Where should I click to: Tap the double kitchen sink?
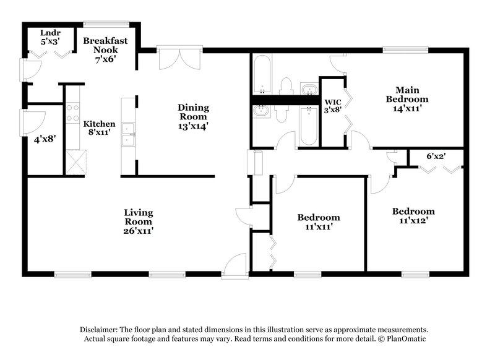click(129, 134)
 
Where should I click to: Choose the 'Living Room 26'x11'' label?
click(138, 221)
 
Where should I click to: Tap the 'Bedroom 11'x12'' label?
click(413, 215)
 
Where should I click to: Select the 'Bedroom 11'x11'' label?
click(318, 222)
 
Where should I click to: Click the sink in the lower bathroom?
click(260, 112)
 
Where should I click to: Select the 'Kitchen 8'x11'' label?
click(99, 128)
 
